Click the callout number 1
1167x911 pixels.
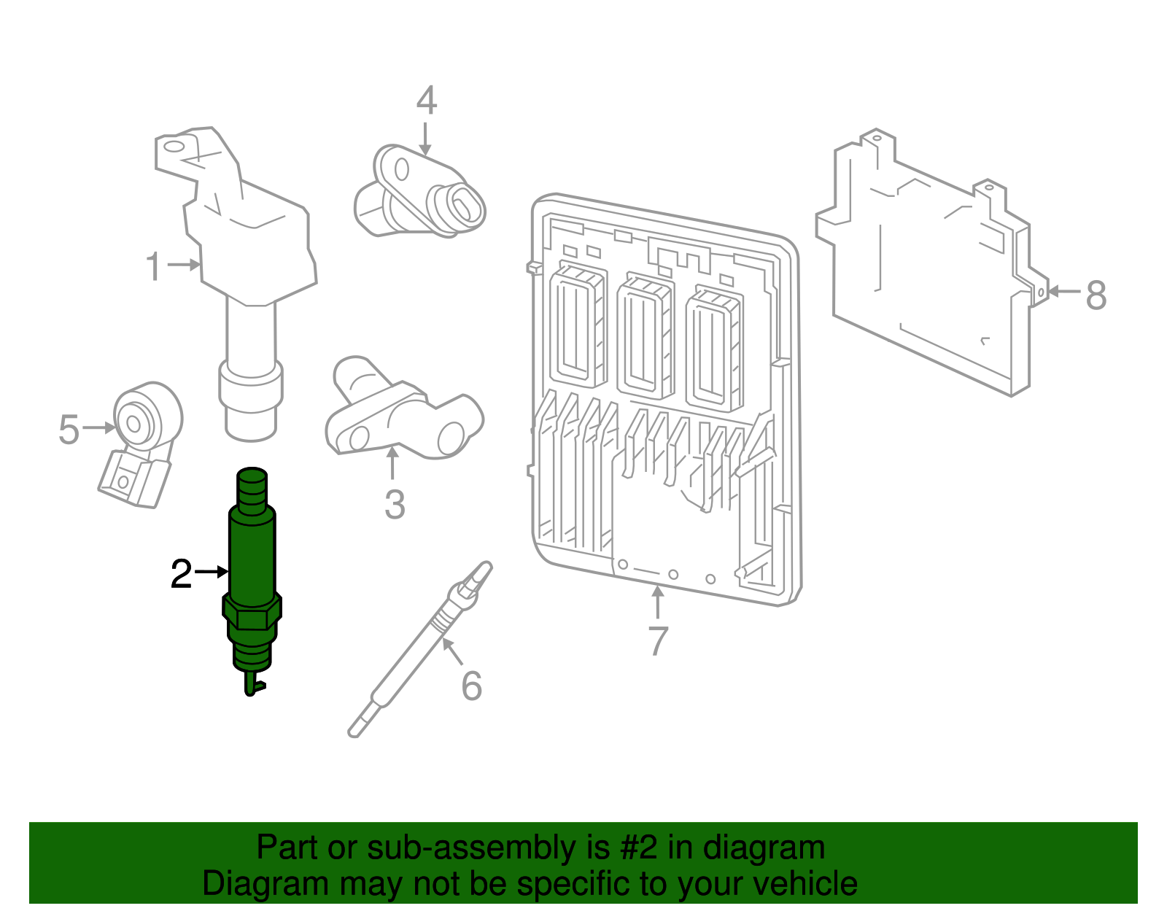coord(154,266)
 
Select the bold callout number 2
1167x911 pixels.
coord(181,574)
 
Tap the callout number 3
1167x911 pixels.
coord(395,505)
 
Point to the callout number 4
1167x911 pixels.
coord(427,100)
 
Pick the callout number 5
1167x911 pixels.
coord(69,430)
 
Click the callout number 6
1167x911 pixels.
coord(471,686)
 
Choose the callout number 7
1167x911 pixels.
coord(658,640)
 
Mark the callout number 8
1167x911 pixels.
coord(1096,295)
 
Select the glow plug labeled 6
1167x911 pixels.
coord(420,650)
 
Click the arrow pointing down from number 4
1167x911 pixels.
coord(425,139)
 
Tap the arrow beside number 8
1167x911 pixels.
coord(1064,292)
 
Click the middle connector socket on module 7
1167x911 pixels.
coord(645,336)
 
